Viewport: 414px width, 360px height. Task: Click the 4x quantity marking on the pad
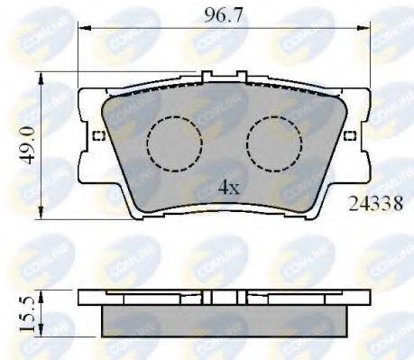coord(228,188)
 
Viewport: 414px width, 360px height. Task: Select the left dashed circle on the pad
coord(173,143)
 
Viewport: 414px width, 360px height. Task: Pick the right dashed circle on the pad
coord(275,143)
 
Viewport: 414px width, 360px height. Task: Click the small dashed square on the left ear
coord(98,136)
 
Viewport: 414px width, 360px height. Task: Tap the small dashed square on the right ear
coord(351,136)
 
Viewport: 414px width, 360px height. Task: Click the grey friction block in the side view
coord(225,320)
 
